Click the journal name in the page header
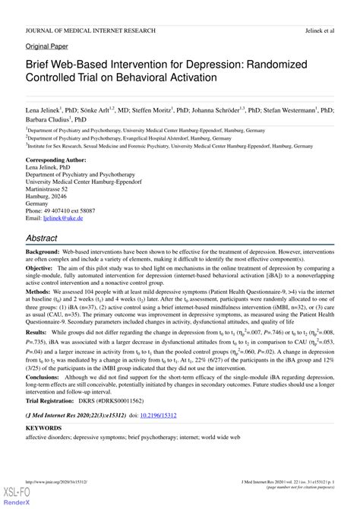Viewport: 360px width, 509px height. [x=91, y=30]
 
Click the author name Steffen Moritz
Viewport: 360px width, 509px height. [x=170, y=110]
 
